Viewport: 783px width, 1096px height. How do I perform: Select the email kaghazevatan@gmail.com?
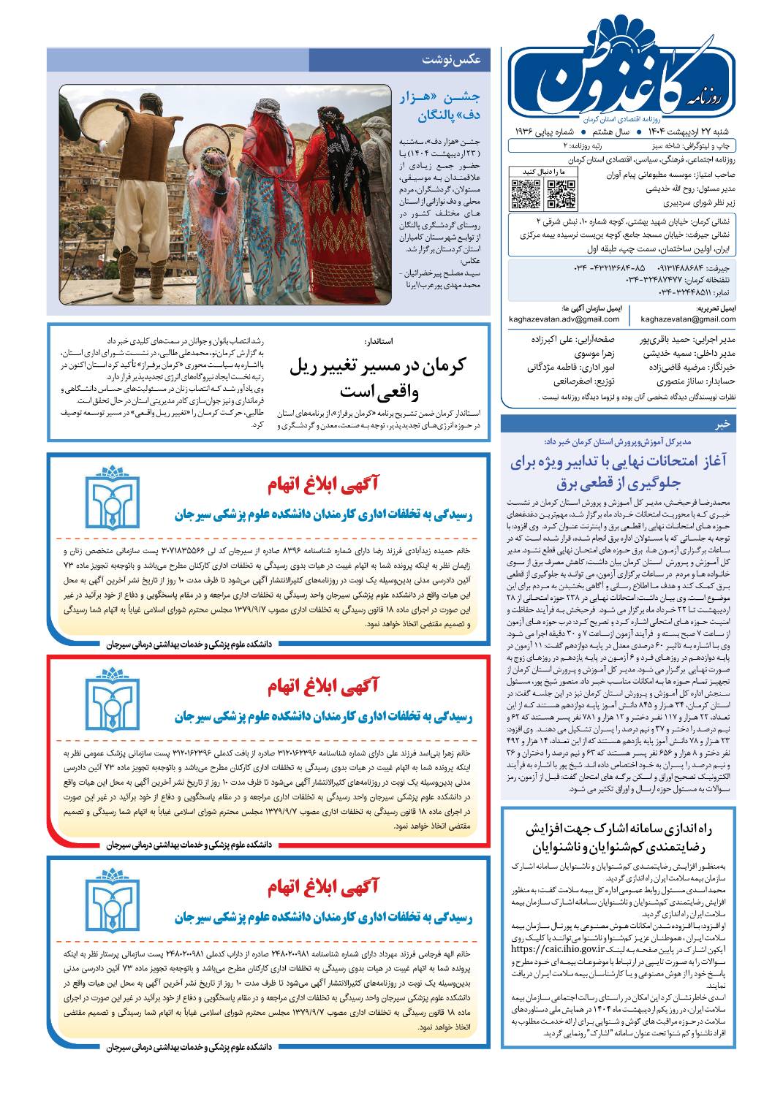(x=688, y=319)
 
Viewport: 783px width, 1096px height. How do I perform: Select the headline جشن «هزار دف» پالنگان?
(x=439, y=107)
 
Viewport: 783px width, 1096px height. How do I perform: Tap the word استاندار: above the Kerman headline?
(x=378, y=341)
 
